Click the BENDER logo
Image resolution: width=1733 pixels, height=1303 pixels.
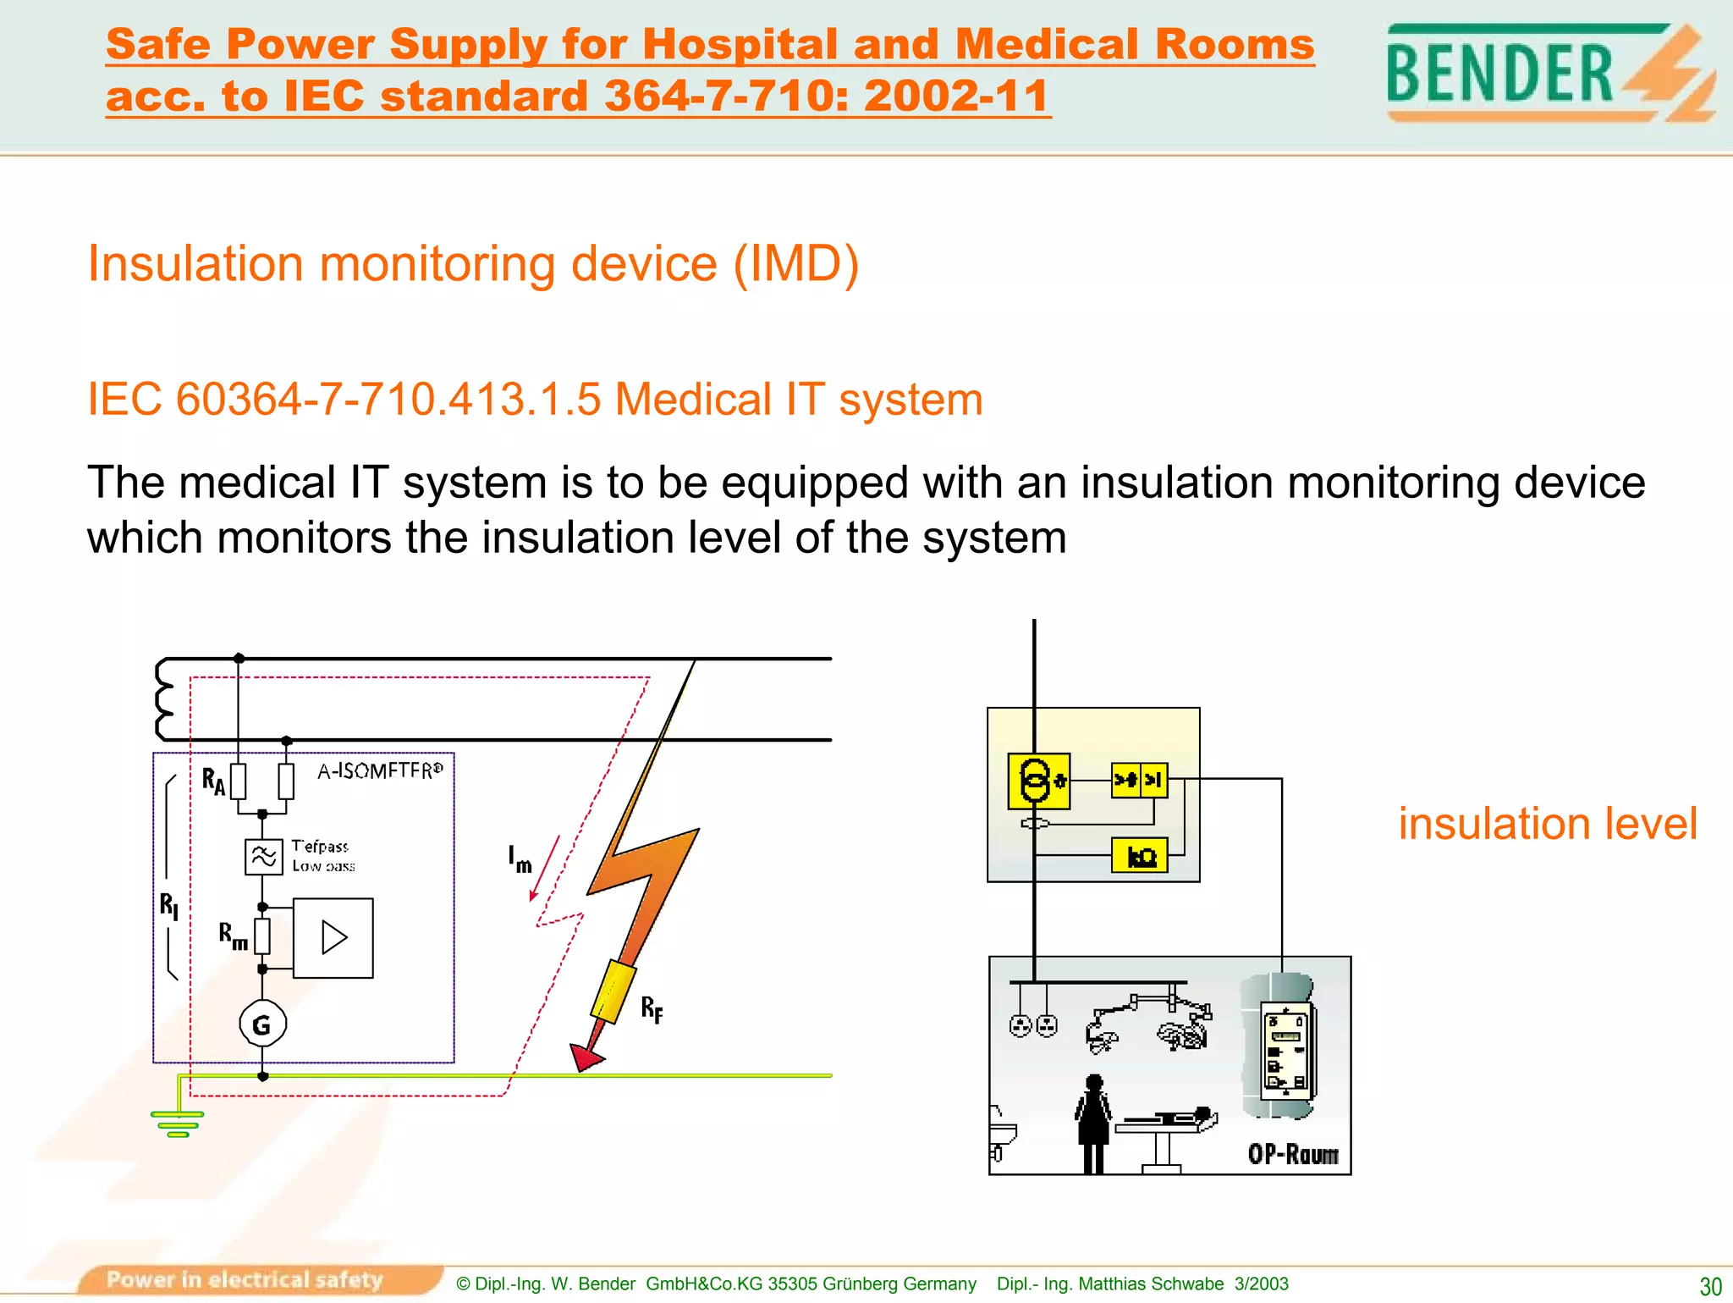pos(1549,73)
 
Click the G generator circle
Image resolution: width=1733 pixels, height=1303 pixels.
pos(262,1024)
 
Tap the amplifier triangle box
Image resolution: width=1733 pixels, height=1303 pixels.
pos(333,938)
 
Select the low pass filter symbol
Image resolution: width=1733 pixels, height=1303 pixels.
pos(263,857)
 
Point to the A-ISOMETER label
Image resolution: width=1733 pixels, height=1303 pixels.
pos(380,770)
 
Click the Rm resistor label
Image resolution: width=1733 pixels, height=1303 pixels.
pos(233,936)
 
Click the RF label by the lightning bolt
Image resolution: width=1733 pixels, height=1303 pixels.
pos(652,1009)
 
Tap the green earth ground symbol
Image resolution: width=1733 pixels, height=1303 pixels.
pos(178,1124)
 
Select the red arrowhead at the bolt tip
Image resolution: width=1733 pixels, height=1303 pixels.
pos(586,1057)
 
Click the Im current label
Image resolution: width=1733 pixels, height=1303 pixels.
pos(520,859)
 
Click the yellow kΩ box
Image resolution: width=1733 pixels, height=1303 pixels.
pos(1140,855)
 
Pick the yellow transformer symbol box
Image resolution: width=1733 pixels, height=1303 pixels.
pos(1038,781)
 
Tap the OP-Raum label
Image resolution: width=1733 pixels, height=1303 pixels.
pos(1293,1155)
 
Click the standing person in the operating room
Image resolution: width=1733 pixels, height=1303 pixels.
pos(1093,1122)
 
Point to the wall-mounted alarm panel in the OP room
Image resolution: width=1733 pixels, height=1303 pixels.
pos(1286,1050)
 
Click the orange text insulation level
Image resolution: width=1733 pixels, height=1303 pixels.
pos(1547,824)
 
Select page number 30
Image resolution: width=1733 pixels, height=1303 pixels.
pos(1710,1286)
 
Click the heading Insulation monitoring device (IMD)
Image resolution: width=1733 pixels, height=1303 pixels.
pos(473,263)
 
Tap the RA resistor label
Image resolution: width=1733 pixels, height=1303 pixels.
pos(213,781)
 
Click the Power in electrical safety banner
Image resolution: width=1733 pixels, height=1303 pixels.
pos(245,1279)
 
